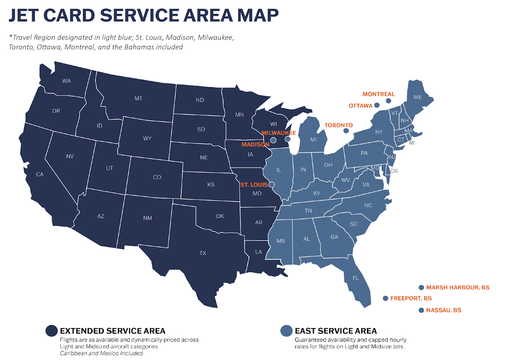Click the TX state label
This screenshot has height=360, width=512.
203,253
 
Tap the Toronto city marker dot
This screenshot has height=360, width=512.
346,131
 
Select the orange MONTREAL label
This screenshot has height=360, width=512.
378,94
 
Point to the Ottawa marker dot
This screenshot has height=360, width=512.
377,106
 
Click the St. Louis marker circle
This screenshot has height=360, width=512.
272,185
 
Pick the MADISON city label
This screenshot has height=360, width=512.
255,145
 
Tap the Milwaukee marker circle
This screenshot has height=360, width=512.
288,139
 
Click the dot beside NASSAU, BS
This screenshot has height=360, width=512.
421,310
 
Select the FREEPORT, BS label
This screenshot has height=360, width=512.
411,298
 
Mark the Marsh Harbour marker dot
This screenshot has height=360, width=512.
421,288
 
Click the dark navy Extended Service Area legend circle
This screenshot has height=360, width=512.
52,331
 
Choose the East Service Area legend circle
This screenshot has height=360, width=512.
286,331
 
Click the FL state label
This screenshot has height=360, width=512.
356,278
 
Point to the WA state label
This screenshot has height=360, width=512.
67,81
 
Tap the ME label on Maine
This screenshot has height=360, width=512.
418,98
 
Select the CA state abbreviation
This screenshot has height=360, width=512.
40,174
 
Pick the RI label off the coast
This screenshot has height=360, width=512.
412,143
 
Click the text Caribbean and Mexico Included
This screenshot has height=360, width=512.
101,353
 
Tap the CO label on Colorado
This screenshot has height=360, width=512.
157,177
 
